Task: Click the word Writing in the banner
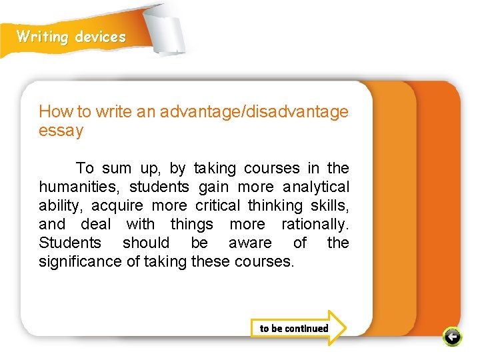click(x=43, y=37)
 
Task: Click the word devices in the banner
click(x=100, y=37)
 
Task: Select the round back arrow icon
click(x=452, y=337)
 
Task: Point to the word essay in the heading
click(x=61, y=131)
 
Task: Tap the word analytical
click(x=316, y=187)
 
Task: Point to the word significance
click(x=81, y=261)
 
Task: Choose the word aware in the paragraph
click(x=250, y=243)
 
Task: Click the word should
click(x=146, y=243)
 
